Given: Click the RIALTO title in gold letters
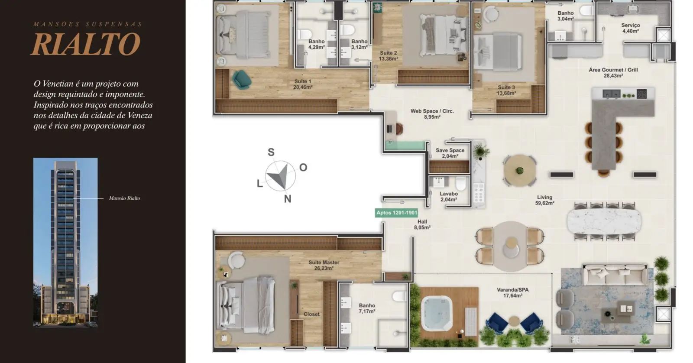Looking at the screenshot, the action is [86, 44].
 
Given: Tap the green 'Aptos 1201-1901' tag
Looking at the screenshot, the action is [396, 213].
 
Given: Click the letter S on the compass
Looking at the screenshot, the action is [271, 152].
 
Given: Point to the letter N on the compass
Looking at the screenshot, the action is [288, 199].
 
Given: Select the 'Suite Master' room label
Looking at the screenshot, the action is [324, 263].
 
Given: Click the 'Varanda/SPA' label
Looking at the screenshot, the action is [513, 290].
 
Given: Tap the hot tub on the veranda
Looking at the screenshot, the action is [437, 313].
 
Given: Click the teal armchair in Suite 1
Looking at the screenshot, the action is [241, 79].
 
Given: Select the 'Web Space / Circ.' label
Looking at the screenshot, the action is [432, 111].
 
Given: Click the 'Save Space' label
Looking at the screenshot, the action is [450, 150].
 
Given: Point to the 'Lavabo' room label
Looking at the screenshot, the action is [449, 194].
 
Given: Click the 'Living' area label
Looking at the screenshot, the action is [544, 197].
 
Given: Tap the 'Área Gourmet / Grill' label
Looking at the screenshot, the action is [613, 70].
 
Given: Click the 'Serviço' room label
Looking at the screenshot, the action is [631, 26].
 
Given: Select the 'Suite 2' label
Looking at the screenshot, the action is [388, 53].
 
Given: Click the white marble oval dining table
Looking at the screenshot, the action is [604, 221].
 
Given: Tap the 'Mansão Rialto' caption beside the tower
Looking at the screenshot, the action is [124, 198].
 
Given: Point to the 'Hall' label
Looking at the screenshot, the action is [422, 222].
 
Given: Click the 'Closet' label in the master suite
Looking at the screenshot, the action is [311, 314].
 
